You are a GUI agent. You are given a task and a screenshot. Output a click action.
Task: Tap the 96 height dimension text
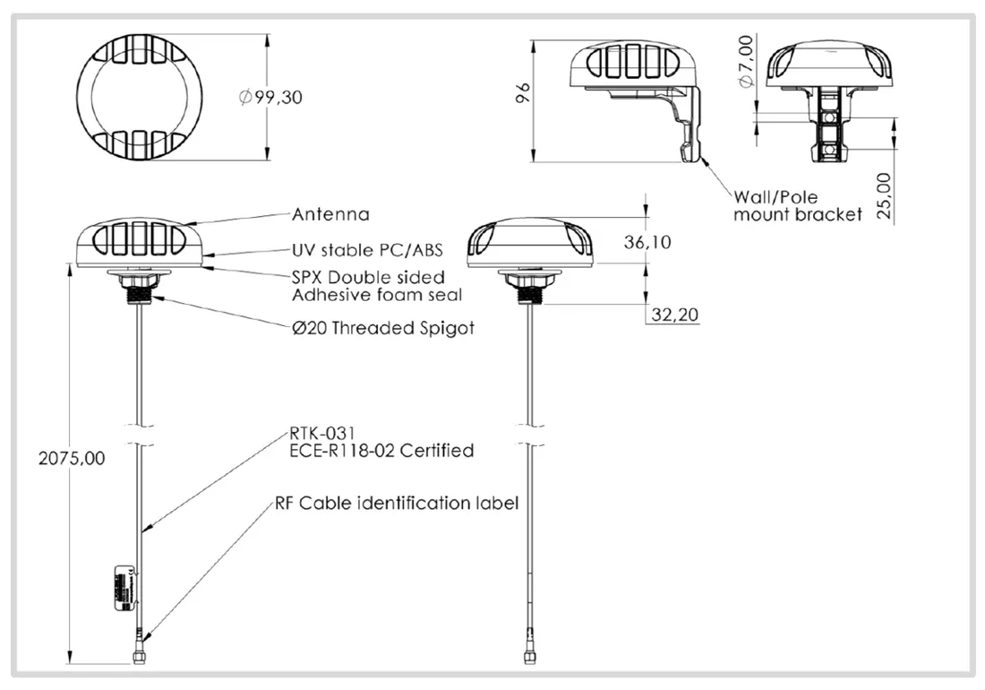click(526, 93)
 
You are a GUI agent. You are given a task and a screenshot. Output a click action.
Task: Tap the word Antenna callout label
click(330, 215)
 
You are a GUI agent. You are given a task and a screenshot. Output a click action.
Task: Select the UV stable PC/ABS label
click(367, 250)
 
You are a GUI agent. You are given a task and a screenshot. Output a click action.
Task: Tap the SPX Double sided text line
click(368, 277)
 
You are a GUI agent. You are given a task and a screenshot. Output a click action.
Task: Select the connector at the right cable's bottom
click(527, 656)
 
